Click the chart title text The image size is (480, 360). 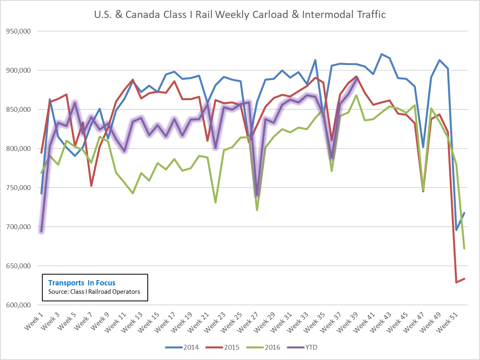click(x=240, y=15)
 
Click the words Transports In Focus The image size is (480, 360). click(x=81, y=283)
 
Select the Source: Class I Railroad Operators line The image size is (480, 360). click(x=94, y=292)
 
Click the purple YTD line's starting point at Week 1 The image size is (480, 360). click(x=41, y=231)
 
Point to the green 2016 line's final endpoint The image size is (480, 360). click(x=464, y=249)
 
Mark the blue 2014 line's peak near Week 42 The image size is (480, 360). click(x=381, y=54)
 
